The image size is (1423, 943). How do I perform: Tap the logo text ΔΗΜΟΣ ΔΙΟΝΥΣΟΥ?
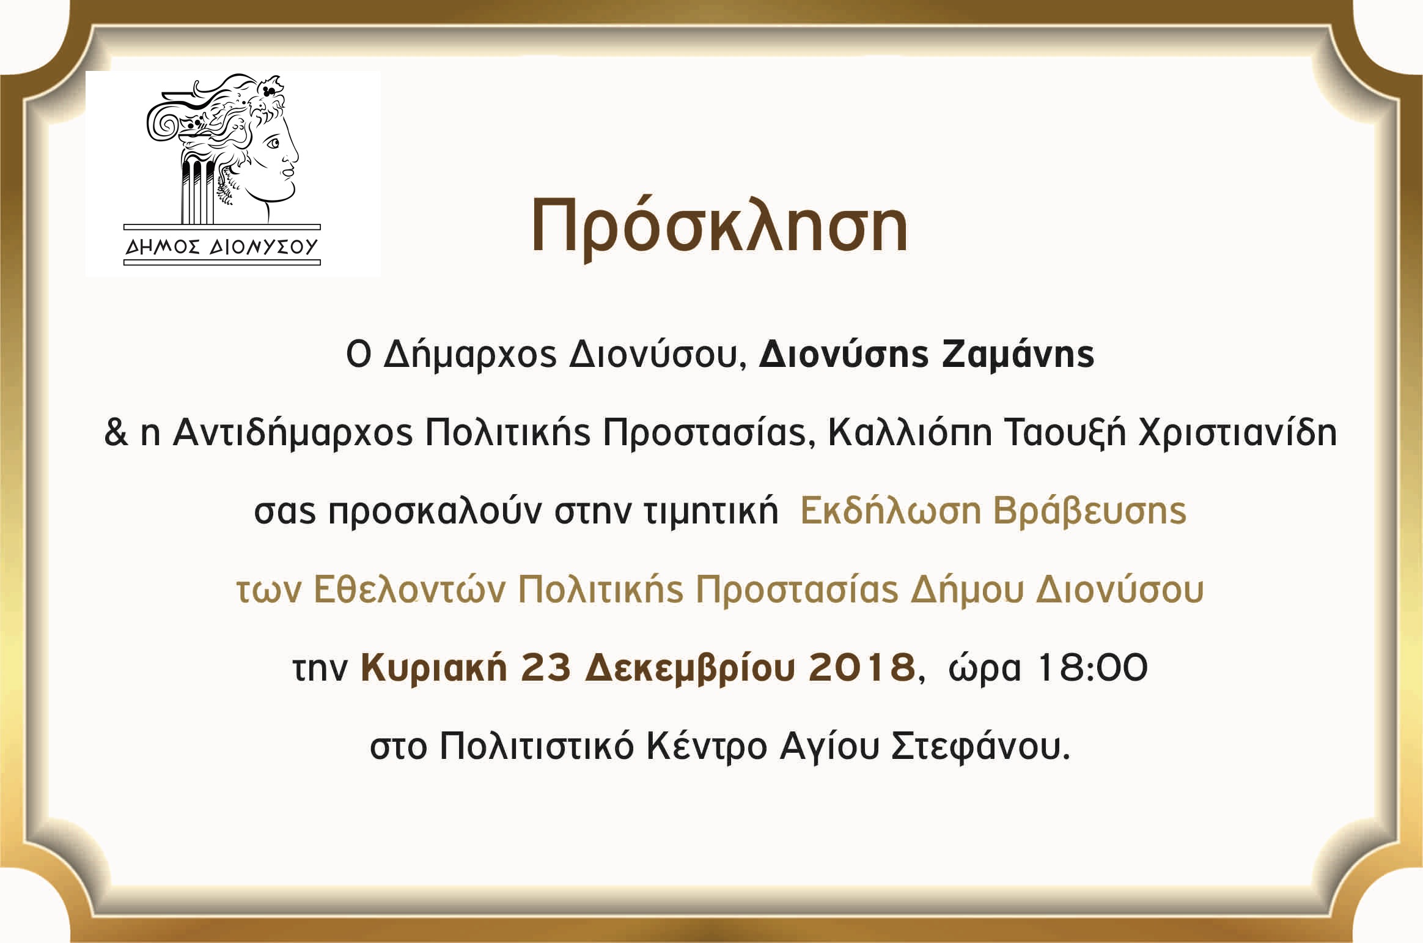click(x=222, y=246)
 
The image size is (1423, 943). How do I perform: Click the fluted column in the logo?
click(x=197, y=187)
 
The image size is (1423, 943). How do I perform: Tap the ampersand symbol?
click(x=116, y=432)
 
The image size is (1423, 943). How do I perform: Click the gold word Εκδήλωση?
click(x=890, y=511)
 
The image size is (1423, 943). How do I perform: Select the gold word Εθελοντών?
click(x=410, y=590)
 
